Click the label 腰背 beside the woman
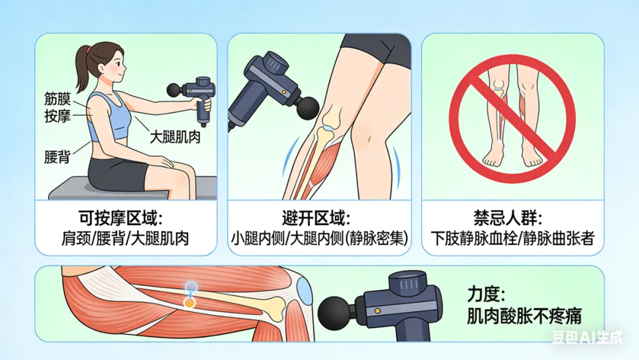(x=57, y=157)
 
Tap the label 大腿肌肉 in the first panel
(x=175, y=137)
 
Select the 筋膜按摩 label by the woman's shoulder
(x=57, y=107)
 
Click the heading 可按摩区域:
(x=121, y=218)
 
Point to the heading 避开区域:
(x=316, y=218)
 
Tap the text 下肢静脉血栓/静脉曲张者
(x=512, y=239)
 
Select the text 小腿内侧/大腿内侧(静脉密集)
(x=319, y=239)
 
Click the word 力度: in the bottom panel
(x=486, y=294)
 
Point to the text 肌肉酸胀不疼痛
(x=524, y=316)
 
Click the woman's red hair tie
(x=88, y=50)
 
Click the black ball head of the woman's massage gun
(x=174, y=89)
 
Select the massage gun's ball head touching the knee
(x=307, y=108)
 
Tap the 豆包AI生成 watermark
(x=588, y=337)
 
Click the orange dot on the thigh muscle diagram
(x=189, y=302)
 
